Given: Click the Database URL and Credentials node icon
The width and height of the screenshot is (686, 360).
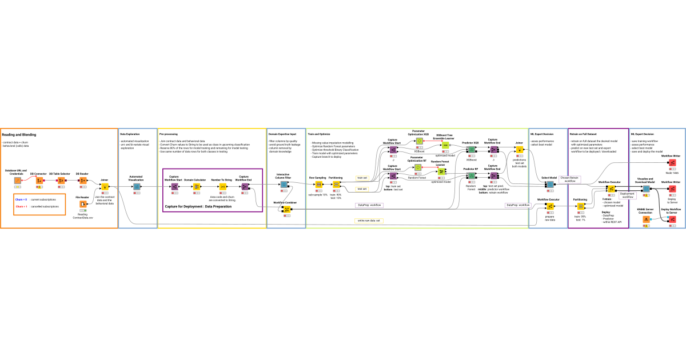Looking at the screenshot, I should click(18, 181).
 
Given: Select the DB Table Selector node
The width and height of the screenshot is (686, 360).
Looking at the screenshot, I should click(59, 181).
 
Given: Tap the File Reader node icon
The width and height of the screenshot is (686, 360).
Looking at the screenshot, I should click(83, 204).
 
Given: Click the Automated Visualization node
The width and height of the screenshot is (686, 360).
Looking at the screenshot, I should click(137, 186).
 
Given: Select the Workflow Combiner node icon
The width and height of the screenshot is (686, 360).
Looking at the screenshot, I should click(287, 209).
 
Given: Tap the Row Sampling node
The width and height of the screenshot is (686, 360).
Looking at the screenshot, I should click(318, 184).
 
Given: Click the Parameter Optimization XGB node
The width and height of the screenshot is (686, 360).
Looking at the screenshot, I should click(418, 141).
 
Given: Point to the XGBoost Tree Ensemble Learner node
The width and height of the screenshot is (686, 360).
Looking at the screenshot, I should click(445, 145).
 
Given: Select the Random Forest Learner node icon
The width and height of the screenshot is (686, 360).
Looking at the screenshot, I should click(441, 171).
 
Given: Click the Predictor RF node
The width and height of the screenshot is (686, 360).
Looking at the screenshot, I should click(470, 176).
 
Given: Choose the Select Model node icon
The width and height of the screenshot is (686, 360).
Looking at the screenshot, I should click(549, 184).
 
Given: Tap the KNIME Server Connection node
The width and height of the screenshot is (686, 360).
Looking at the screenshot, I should click(646, 219).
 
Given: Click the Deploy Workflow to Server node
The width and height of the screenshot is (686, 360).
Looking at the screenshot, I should click(672, 219).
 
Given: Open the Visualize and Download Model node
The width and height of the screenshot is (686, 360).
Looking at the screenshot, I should click(645, 189).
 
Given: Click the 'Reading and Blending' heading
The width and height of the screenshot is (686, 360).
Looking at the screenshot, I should click(19, 135).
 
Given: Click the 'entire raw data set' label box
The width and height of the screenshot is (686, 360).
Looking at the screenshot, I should click(369, 220).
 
